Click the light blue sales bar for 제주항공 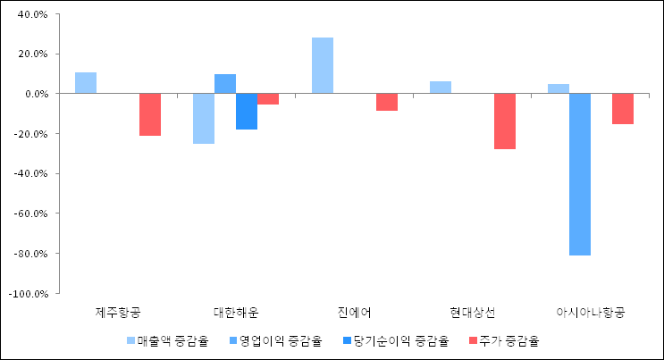pyautogui.click(x=86, y=83)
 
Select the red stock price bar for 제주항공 pyautogui.click(x=150, y=114)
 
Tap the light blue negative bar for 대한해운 pyautogui.click(x=204, y=118)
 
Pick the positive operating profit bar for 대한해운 pyautogui.click(x=225, y=84)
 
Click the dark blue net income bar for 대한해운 pyautogui.click(x=247, y=112)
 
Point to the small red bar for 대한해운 pyautogui.click(x=268, y=99)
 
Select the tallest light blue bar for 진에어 pyautogui.click(x=323, y=65)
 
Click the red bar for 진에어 pyautogui.click(x=387, y=102)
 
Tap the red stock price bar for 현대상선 pyautogui.click(x=505, y=121)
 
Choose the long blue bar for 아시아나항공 pyautogui.click(x=580, y=174)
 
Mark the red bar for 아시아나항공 pyautogui.click(x=623, y=109)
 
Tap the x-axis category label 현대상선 pyautogui.click(x=473, y=313)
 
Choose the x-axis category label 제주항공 pyautogui.click(x=118, y=313)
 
